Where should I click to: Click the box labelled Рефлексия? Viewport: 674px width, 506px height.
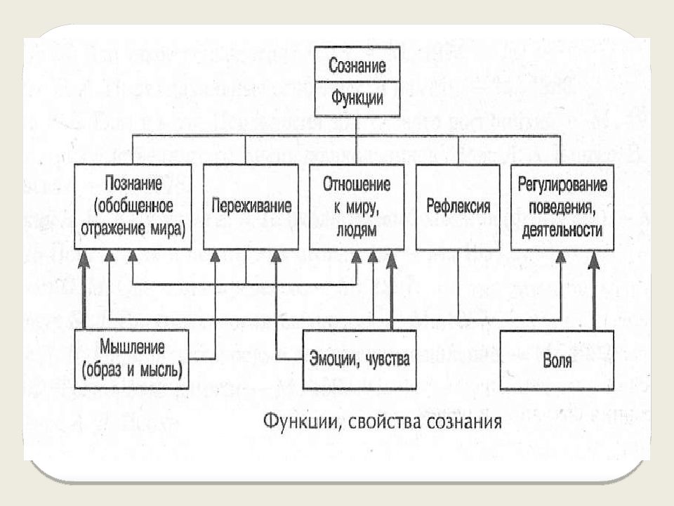(x=458, y=207)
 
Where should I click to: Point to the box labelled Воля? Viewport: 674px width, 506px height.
(x=557, y=362)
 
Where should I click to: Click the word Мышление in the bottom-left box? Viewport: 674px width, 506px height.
(x=132, y=346)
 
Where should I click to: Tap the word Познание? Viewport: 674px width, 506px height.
(x=133, y=184)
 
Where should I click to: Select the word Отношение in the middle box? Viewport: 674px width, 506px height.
(x=356, y=184)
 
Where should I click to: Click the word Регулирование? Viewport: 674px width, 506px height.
(x=562, y=184)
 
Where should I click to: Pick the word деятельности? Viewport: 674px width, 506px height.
(x=562, y=229)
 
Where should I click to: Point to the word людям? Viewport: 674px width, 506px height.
(x=356, y=229)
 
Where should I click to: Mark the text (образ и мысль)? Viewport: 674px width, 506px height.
(x=132, y=368)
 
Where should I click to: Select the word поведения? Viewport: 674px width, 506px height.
(x=562, y=207)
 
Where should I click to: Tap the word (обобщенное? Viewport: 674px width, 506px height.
(x=133, y=207)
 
